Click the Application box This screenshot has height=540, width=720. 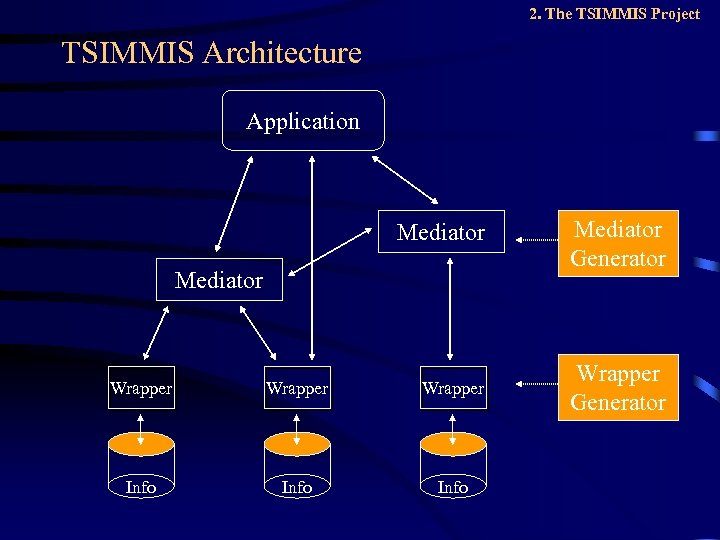coord(303,121)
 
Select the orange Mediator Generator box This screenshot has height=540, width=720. coord(618,244)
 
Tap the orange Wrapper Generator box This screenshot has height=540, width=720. coord(618,388)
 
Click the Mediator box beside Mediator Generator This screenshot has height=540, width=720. coord(441,232)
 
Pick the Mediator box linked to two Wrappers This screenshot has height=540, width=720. coord(219,280)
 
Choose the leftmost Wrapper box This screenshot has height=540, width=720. coord(141,388)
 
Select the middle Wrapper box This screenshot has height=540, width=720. coord(297,388)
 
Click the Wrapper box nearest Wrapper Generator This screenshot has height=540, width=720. coord(453,388)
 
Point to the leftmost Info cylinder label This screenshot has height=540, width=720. coord(141,487)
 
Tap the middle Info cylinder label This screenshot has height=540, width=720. coord(297,487)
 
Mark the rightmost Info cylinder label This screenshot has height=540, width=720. coord(453,487)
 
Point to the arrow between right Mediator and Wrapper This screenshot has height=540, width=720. coord(451,308)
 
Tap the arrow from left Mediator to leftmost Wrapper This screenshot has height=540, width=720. coord(155,333)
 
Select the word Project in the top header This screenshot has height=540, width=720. coord(674,13)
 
